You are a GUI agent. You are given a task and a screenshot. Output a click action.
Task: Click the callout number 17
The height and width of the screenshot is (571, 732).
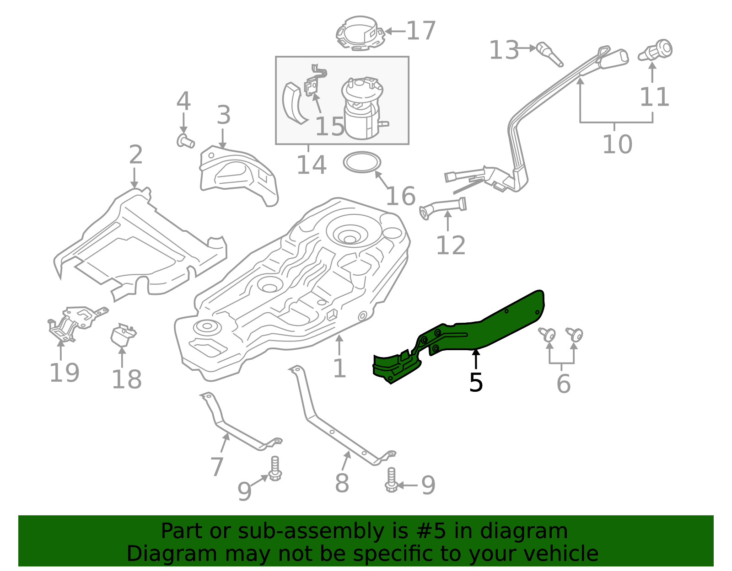coord(421,31)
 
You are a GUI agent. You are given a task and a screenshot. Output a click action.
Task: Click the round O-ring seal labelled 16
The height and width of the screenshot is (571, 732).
coord(362,162)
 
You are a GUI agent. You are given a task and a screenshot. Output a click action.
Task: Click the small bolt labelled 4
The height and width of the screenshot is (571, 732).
coord(185,141)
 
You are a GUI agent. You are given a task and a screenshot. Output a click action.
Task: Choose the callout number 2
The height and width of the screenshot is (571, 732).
coord(135,155)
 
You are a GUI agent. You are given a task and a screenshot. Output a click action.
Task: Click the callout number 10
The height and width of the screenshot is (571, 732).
coord(617,144)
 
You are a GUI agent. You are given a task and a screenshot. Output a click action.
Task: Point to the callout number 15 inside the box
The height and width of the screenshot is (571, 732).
coord(329,126)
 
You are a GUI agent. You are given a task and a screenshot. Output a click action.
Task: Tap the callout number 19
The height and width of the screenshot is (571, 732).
coord(64,373)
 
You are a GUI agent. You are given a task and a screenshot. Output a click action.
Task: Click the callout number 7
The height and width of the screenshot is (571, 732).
coord(217,466)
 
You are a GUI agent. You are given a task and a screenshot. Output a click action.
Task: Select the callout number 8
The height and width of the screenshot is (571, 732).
coord(342,483)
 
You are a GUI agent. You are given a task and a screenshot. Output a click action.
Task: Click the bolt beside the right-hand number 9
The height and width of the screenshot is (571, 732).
coord(391,480)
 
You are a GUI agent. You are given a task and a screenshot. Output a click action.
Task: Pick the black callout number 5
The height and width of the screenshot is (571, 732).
coord(476,382)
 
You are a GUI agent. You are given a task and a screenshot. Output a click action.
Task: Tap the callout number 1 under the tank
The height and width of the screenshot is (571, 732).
coord(339,368)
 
